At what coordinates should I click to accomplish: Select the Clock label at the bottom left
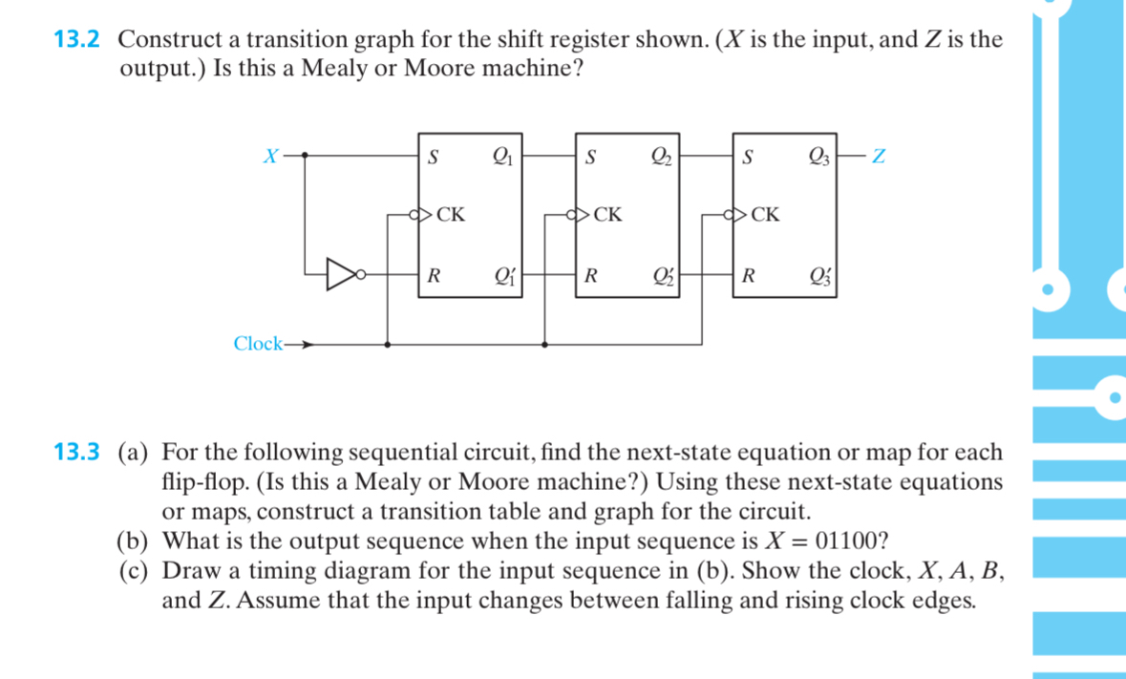point(258,344)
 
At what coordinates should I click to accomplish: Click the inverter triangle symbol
point(341,274)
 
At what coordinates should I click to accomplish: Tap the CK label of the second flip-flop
point(606,215)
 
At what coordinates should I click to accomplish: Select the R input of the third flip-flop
point(750,278)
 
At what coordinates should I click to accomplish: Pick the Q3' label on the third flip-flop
point(818,278)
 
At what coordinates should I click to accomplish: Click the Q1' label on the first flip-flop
point(501,278)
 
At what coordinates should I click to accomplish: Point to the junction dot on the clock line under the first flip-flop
point(386,344)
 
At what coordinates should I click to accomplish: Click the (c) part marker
point(135,572)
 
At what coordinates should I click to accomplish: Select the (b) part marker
point(135,541)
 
